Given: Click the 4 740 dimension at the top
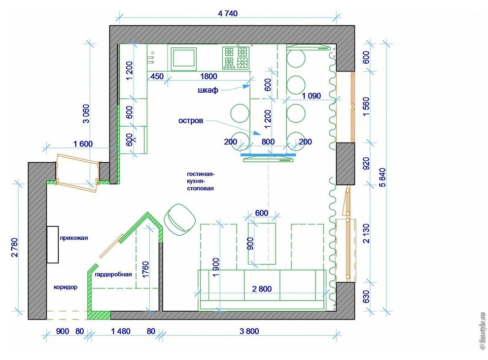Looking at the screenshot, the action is point(228,13).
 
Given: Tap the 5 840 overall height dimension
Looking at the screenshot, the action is point(383,178).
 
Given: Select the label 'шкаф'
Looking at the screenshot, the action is point(208,90).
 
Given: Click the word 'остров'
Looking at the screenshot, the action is point(191,120).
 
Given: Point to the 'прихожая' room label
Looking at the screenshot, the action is point(74,238).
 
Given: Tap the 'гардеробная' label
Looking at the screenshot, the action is point(113,274).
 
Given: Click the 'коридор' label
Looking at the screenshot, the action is point(66,287).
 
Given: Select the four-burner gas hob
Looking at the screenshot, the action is point(236,58).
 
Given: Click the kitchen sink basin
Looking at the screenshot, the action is point(184,57).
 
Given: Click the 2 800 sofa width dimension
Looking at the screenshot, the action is point(262,289).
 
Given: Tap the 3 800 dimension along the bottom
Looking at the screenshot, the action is point(249,331).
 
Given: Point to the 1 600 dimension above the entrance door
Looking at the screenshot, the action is point(83,144).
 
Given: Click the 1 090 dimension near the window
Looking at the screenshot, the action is point(311,96).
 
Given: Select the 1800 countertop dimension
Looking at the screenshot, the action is point(209,76).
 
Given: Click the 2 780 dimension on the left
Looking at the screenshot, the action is point(15,248).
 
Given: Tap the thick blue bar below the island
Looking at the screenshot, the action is point(268,154).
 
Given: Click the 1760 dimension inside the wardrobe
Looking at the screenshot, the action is point(145,269).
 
